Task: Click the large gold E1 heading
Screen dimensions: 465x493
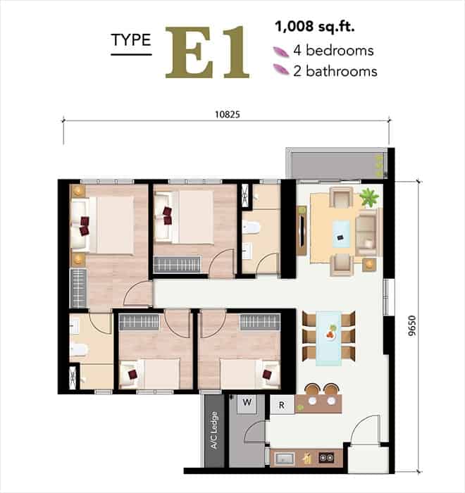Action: pos(207,53)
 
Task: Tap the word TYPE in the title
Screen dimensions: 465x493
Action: pos(131,40)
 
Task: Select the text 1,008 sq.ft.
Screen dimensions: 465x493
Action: pos(315,27)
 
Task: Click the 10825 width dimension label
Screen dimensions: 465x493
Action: pos(227,114)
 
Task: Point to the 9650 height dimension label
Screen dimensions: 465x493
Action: pos(411,326)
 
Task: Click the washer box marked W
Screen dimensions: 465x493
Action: pos(247,404)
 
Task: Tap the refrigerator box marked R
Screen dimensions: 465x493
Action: pos(282,405)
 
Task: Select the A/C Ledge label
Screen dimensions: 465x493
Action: pos(214,430)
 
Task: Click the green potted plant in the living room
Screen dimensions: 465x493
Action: pos(369,197)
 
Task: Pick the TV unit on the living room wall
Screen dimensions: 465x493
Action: pos(302,230)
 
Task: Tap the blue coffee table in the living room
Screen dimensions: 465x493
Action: pos(341,234)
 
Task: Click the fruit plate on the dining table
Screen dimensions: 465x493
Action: pos(330,332)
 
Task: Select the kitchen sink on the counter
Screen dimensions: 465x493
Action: pos(285,458)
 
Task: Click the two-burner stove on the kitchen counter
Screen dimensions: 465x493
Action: pos(327,458)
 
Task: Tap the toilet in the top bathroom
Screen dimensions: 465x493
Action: pos(251,227)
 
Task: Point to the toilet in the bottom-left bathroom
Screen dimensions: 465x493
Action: pos(78,349)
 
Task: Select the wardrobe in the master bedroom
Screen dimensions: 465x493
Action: pos(78,287)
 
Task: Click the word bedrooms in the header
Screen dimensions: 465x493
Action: pos(340,50)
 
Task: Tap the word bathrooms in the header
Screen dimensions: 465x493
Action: pos(342,71)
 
